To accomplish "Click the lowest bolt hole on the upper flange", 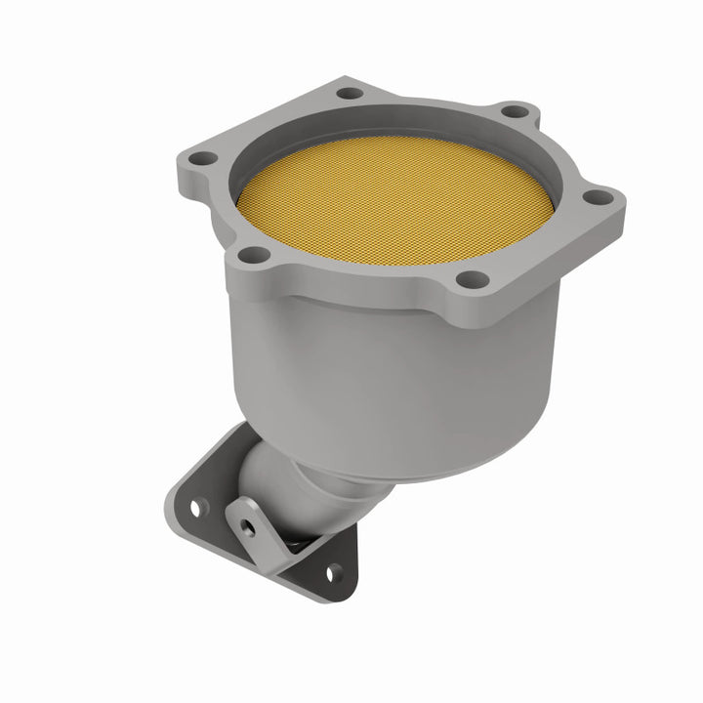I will click(x=477, y=279).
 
